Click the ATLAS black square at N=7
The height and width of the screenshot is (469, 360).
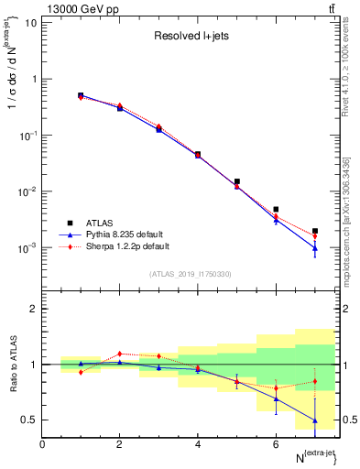tap(314, 231)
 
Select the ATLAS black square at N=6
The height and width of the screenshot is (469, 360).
tap(276, 210)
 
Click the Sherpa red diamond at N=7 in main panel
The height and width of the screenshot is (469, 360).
tap(314, 236)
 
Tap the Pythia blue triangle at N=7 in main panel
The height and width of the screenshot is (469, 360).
tap(314, 247)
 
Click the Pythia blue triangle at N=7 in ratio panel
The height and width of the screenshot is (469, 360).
tap(314, 420)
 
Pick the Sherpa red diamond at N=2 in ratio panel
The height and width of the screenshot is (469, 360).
tap(119, 354)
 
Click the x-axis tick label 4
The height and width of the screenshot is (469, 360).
tap(197, 444)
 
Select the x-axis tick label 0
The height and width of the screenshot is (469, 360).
tap(42, 444)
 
